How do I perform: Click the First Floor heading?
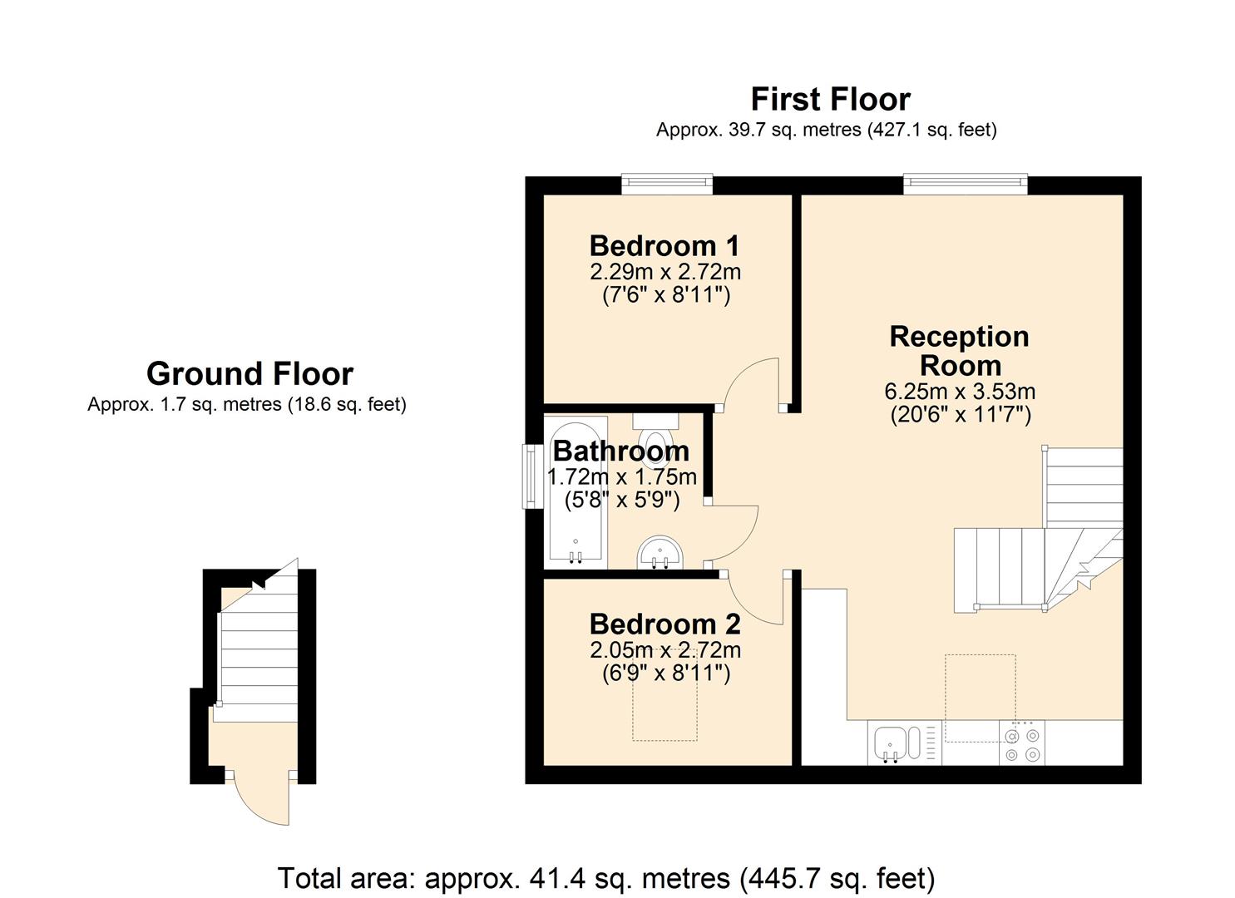click(x=830, y=100)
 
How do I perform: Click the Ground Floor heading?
click(x=249, y=374)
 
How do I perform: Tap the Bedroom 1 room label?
click(x=664, y=246)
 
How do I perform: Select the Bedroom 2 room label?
click(x=664, y=624)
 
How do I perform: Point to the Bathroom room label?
click(x=621, y=451)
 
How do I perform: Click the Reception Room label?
click(x=960, y=351)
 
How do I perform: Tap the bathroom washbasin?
click(x=660, y=553)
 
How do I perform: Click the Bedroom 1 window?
click(x=667, y=183)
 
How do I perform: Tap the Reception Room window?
click(x=965, y=183)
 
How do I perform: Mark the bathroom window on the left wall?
click(x=529, y=476)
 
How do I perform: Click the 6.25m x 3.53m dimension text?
click(x=960, y=392)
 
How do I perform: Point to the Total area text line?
click(x=605, y=878)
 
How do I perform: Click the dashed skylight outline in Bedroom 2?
click(x=664, y=707)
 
